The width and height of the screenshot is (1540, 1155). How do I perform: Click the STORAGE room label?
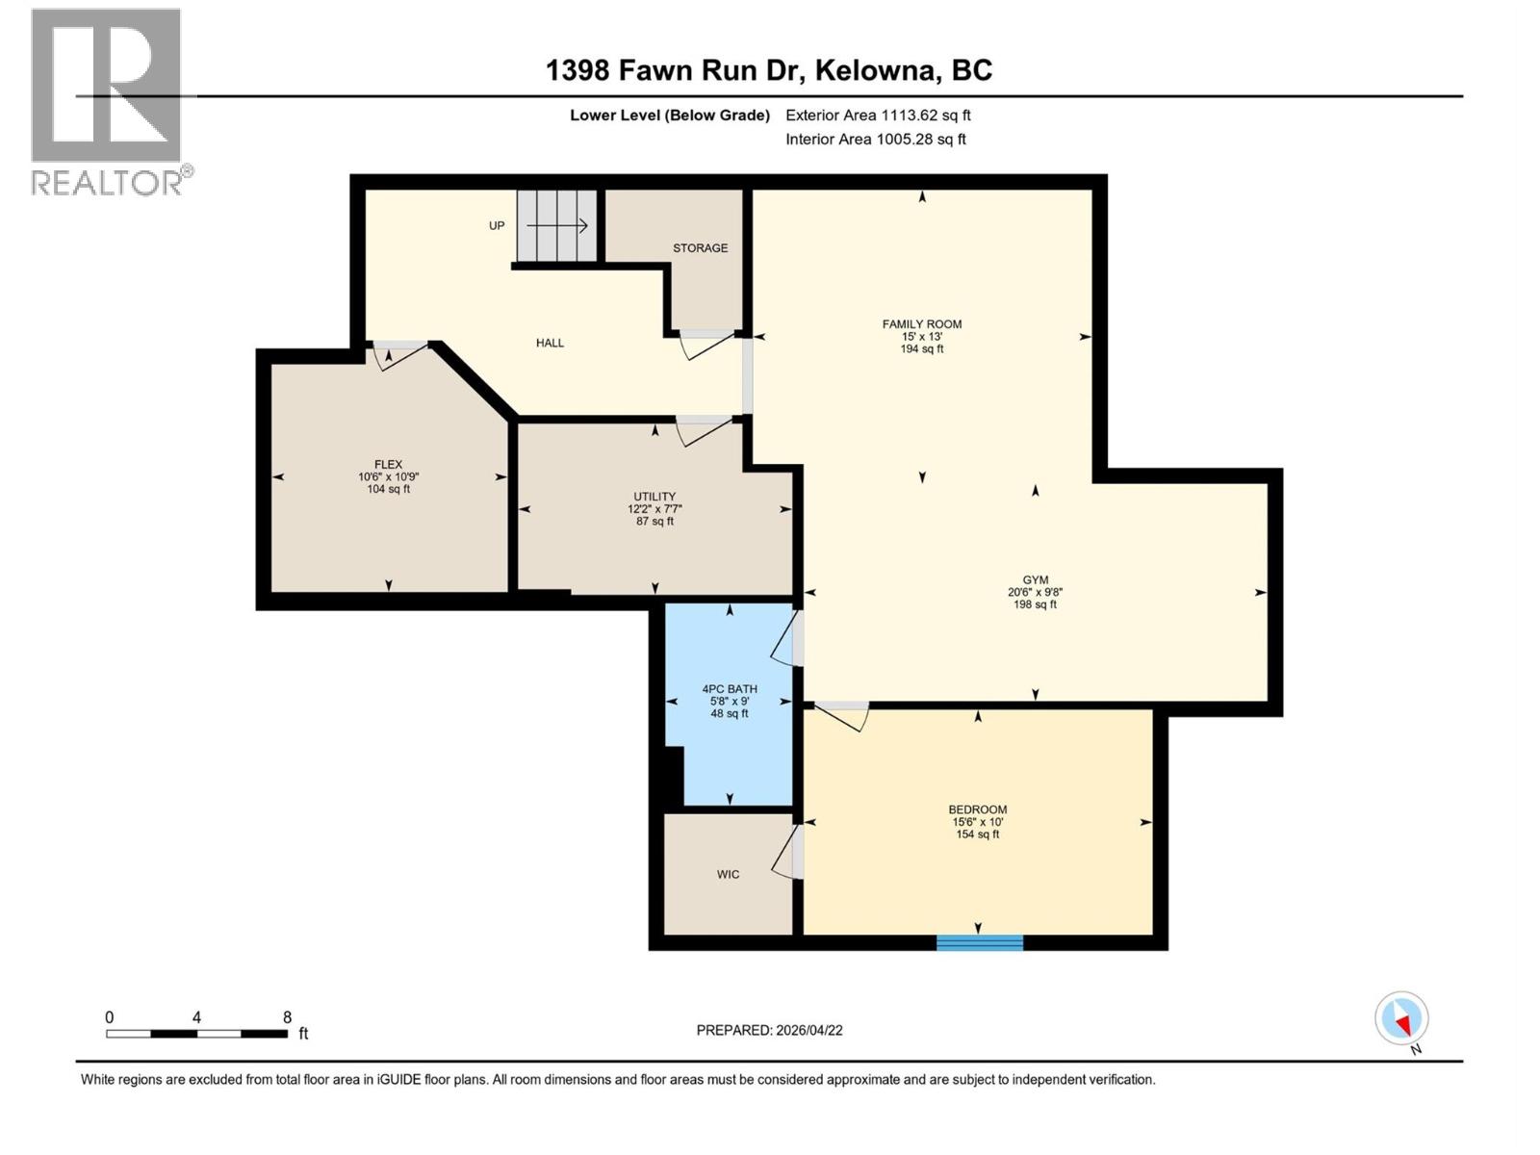point(700,248)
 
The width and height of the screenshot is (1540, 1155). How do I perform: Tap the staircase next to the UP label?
point(556,226)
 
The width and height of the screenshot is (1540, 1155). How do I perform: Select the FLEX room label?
point(389,464)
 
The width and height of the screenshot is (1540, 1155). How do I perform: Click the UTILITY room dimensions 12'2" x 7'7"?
point(654,509)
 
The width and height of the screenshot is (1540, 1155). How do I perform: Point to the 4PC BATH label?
point(730,689)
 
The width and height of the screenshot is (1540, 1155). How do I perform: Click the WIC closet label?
point(728,875)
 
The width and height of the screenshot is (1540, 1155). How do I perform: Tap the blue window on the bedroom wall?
point(979,942)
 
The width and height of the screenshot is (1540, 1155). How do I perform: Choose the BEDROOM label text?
point(978,809)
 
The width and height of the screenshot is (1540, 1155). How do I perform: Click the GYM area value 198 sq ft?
point(1035,604)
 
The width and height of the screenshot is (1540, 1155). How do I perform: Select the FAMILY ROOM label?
point(922,324)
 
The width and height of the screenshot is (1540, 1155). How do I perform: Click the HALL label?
point(550,343)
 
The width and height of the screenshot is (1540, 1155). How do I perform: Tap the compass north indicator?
point(1401,1019)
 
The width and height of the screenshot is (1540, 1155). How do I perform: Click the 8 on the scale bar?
point(287,1017)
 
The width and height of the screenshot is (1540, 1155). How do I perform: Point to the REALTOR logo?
point(107,101)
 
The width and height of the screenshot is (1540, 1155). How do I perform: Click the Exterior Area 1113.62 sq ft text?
point(878,115)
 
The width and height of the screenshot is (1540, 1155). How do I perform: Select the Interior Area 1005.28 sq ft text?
point(876,140)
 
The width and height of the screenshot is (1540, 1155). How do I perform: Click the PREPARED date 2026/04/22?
point(808,1030)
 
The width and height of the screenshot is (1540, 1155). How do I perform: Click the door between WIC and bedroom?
point(787,852)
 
